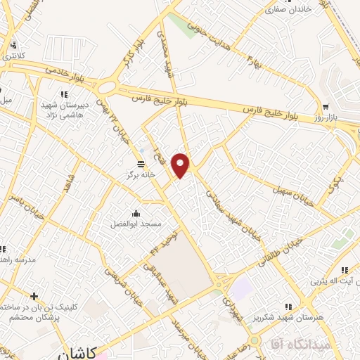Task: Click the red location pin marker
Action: (181, 165)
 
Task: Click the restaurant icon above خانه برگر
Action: (132, 162)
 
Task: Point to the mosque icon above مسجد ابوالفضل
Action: (136, 212)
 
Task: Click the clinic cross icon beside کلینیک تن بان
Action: (34, 296)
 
